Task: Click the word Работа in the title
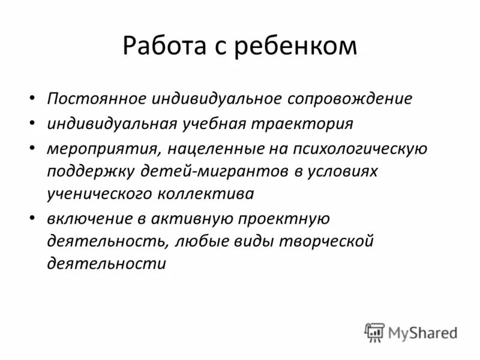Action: coord(163,46)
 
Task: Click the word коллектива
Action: coord(206,194)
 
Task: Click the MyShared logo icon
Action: coord(375,332)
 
